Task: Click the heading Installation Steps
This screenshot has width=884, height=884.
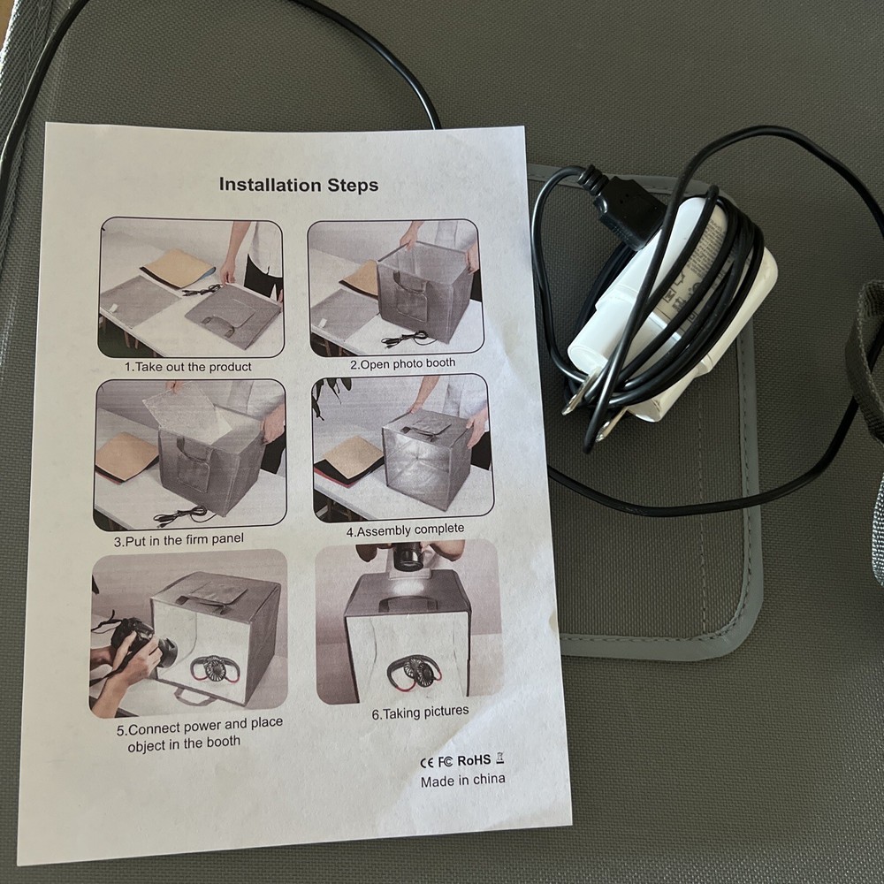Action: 299,185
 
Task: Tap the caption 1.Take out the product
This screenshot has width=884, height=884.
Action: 188,366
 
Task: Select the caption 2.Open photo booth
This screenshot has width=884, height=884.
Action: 402,362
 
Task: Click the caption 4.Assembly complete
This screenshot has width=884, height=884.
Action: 405,530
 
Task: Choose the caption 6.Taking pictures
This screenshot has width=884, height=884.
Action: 420,712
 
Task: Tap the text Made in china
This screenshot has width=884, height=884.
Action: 462,781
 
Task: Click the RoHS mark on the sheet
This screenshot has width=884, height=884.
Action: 474,759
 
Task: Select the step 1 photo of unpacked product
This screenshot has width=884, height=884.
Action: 190,287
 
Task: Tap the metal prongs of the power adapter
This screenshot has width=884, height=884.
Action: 591,415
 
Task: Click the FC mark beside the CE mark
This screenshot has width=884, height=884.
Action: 445,761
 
